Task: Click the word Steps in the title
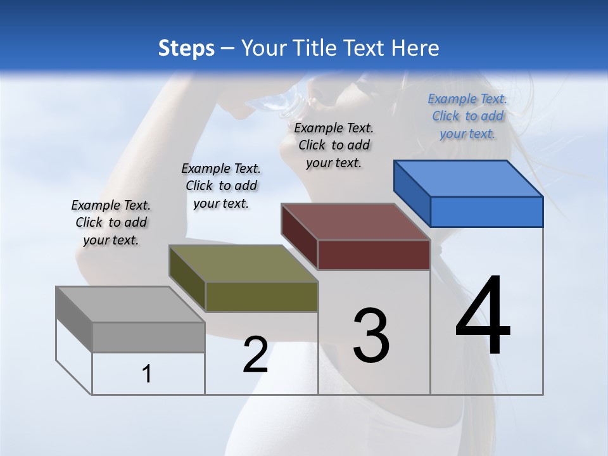pos(186,48)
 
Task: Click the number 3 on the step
pos(371,336)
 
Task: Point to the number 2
pos(255,355)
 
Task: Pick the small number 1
pos(147,374)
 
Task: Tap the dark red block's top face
pos(356,222)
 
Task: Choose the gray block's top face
pos(130,305)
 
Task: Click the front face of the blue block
pos(486,212)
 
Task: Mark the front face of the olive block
pos(262,296)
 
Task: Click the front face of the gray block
pos(148,337)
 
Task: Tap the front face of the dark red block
pos(374,255)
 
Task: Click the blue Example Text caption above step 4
pos(467,116)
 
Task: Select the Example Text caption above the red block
pos(334,145)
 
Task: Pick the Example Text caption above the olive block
pos(221,186)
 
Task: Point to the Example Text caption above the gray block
pos(111,222)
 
